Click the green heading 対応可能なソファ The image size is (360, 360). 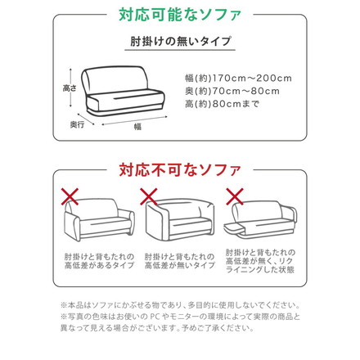179,15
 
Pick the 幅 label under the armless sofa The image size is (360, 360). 137,127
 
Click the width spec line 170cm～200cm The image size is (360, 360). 238,79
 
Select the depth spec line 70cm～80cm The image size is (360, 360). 232,92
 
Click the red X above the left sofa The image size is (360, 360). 71,196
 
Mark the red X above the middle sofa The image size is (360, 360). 150,196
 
